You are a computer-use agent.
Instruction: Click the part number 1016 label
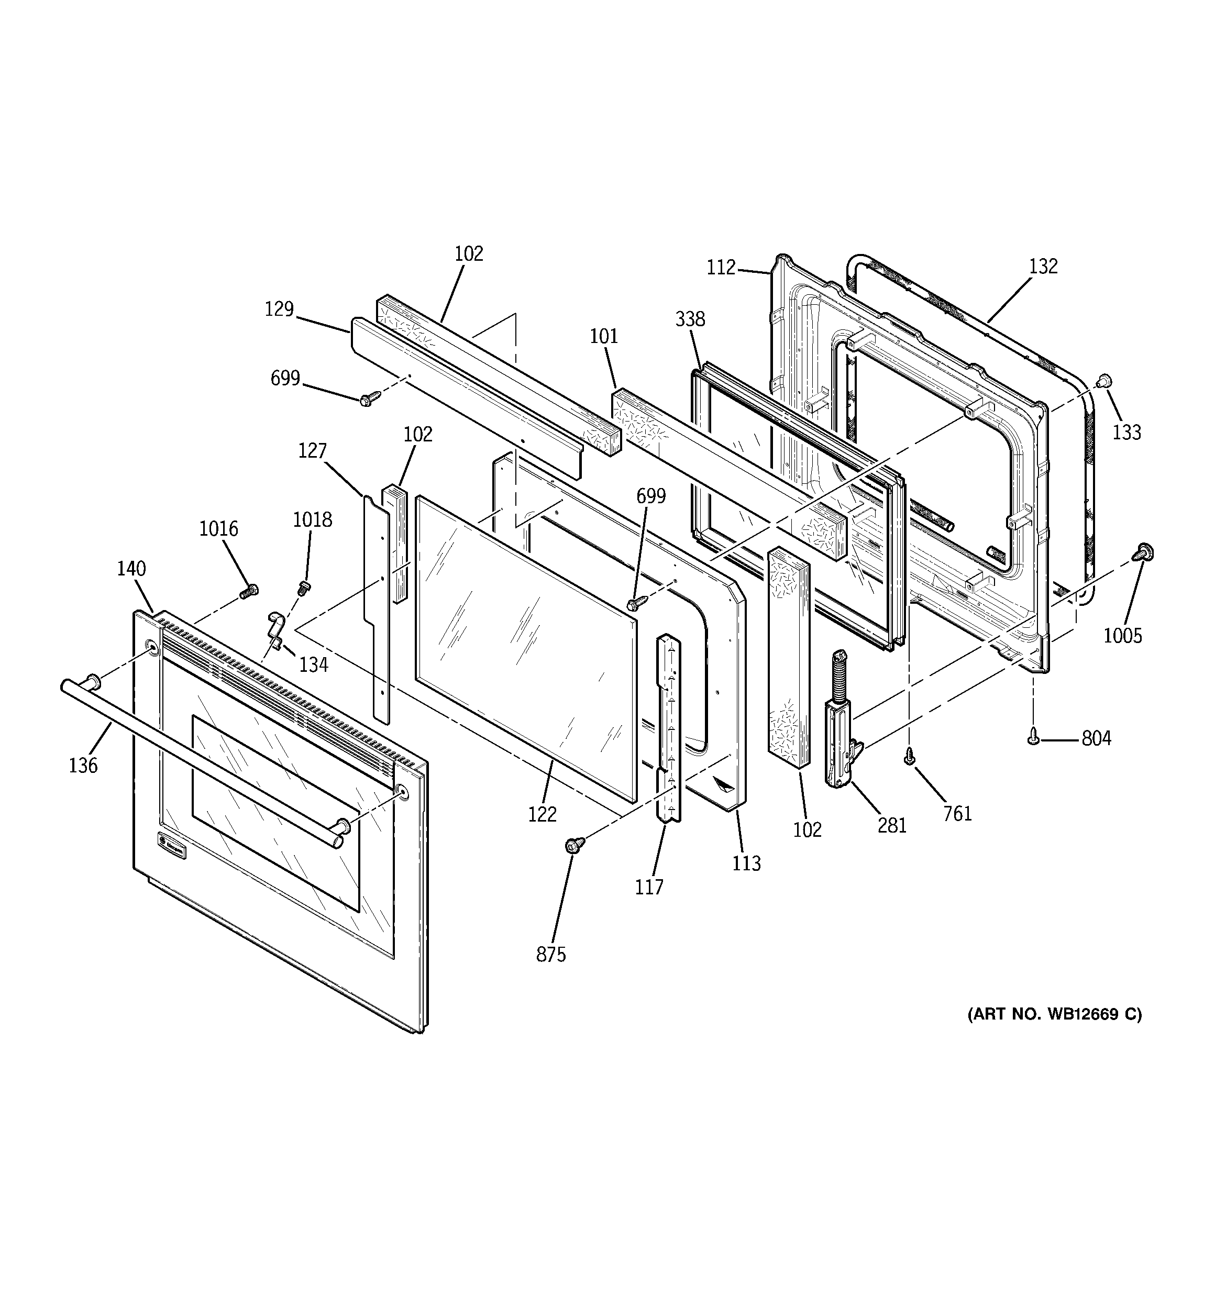(x=218, y=529)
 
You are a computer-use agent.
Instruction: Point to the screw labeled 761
(x=910, y=757)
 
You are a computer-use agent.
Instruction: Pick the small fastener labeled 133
(x=1104, y=381)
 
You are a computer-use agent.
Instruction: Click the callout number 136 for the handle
(x=83, y=765)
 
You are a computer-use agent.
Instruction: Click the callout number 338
(x=690, y=319)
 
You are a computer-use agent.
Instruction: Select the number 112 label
(x=721, y=267)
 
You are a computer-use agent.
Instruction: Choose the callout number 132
(x=1043, y=266)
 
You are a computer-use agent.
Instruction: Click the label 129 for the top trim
(x=279, y=309)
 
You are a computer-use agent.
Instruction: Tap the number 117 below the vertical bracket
(x=649, y=887)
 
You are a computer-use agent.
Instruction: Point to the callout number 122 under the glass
(x=543, y=814)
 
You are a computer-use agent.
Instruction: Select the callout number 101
(x=604, y=336)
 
